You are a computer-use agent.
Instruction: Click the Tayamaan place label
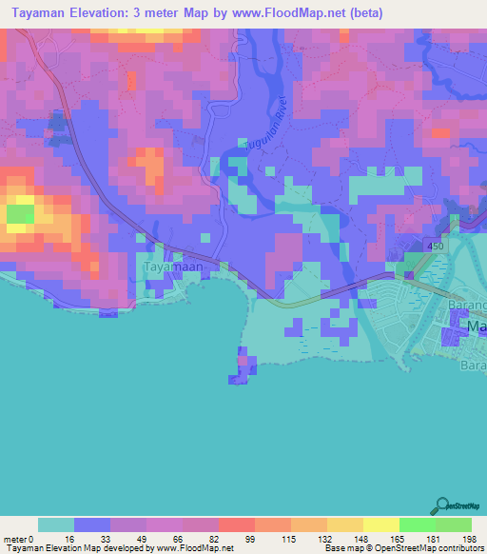point(167,268)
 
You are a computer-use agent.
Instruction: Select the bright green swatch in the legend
point(417,524)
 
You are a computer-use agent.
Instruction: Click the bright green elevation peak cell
point(19,214)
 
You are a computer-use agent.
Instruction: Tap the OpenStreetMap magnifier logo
point(442,505)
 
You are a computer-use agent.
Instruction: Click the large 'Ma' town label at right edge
point(476,326)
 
